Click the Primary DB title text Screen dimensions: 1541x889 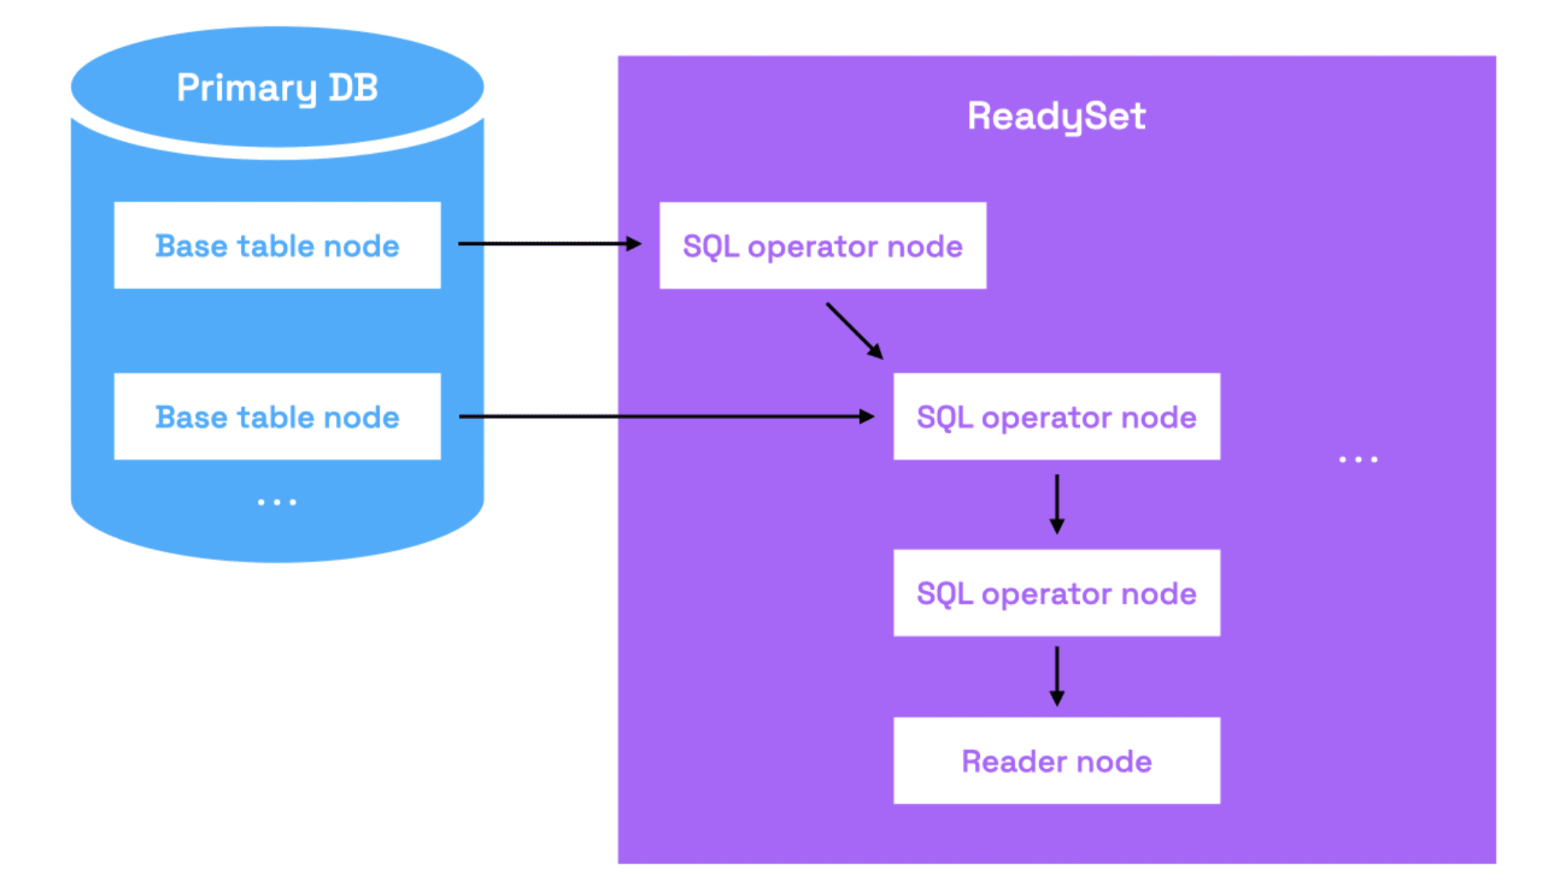pos(277,88)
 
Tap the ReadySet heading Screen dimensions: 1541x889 pos(1057,116)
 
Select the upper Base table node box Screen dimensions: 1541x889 pos(277,245)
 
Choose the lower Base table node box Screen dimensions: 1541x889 pos(277,416)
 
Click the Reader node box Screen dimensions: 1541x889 pos(1057,760)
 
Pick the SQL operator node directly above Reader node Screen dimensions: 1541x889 pos(1057,593)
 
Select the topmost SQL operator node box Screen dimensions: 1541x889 pos(823,246)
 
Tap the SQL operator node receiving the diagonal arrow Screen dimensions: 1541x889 pos(1057,416)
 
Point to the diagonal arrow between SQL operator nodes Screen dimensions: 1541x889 pos(855,331)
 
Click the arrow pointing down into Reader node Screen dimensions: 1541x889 pos(1057,676)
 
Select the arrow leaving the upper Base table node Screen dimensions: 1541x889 pos(550,243)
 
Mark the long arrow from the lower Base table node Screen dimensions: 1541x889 pos(667,416)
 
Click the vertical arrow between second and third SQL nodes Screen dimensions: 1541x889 pos(1057,504)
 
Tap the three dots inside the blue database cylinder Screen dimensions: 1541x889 pos(276,502)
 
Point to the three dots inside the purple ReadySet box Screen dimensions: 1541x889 pos(1358,460)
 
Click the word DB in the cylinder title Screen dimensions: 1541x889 pos(353,88)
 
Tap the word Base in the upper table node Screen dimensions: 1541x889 pos(191,246)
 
